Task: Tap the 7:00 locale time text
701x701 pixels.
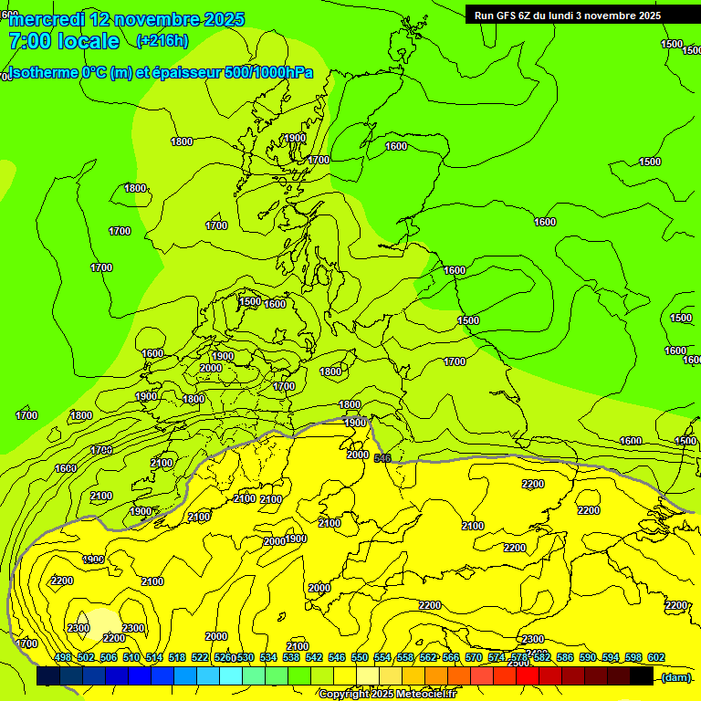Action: [64, 41]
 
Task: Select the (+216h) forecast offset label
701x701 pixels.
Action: [162, 40]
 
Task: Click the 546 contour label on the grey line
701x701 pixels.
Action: [382, 457]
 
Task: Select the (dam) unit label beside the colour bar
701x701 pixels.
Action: [675, 677]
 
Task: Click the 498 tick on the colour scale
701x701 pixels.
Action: [63, 657]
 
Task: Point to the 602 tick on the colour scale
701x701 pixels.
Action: [655, 657]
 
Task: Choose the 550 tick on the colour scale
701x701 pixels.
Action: [359, 657]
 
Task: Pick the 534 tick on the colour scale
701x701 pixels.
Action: [268, 657]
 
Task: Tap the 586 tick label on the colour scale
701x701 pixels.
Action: [564, 657]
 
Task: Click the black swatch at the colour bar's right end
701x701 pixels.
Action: [642, 676]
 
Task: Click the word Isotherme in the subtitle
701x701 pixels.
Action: [42, 73]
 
